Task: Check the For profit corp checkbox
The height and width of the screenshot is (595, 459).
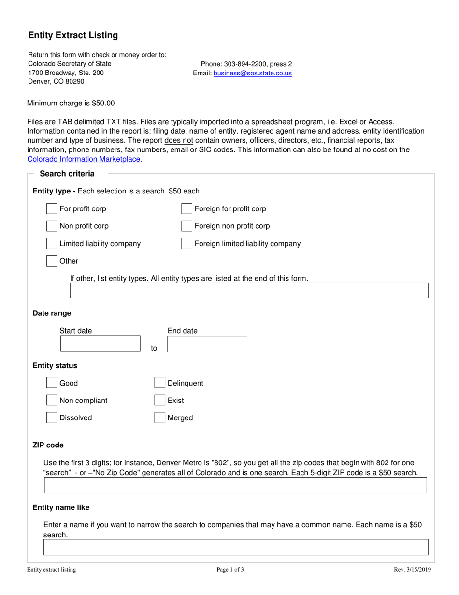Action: [52, 209]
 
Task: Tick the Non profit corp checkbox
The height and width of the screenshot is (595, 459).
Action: [52, 226]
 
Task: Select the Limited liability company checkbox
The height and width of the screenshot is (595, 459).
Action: [52, 243]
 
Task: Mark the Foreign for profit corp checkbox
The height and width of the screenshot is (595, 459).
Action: [186, 209]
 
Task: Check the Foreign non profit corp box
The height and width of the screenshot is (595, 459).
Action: [186, 226]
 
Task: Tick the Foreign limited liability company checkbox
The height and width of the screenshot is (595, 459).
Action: [186, 243]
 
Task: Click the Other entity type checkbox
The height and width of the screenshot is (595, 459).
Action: [52, 261]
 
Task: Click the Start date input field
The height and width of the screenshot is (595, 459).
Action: [100, 344]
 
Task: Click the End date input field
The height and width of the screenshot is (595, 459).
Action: [207, 344]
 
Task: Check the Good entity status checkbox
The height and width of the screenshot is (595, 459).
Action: [52, 383]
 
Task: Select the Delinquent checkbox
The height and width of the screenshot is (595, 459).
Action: [159, 383]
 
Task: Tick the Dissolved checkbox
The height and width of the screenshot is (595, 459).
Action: [52, 417]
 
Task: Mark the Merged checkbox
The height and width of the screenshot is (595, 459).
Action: [159, 417]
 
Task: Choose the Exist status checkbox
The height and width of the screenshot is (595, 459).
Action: [159, 400]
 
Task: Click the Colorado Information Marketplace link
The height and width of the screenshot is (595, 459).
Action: [84, 159]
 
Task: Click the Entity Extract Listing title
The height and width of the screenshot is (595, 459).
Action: [73, 35]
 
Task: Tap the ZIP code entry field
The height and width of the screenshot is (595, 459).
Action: [235, 486]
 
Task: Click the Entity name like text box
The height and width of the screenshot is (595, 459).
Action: [235, 547]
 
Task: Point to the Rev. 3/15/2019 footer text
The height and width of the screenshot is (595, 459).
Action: [412, 570]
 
